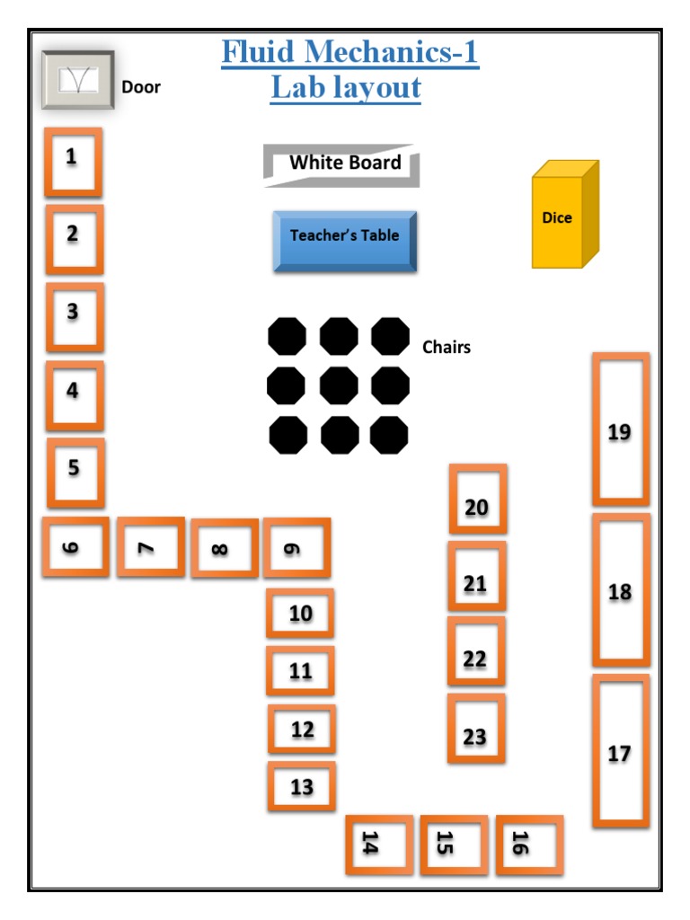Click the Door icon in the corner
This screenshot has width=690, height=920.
pyautogui.click(x=77, y=81)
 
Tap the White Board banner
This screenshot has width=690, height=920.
pyautogui.click(x=342, y=164)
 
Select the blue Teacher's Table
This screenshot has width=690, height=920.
pyautogui.click(x=345, y=240)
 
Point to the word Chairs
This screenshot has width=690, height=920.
pyautogui.click(x=447, y=347)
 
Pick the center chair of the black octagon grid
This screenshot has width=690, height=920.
pyautogui.click(x=339, y=385)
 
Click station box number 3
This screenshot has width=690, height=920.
pyautogui.click(x=75, y=316)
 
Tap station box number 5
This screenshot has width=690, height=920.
pyautogui.click(x=75, y=472)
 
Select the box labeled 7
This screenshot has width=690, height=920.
pyautogui.click(x=150, y=546)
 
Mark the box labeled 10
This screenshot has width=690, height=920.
pyautogui.click(x=300, y=613)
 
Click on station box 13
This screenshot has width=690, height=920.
pyautogui.click(x=302, y=786)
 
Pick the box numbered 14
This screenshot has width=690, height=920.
pyautogui.click(x=379, y=845)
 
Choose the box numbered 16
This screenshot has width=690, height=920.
pyautogui.click(x=529, y=845)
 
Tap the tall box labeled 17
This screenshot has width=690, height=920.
pyautogui.click(x=620, y=751)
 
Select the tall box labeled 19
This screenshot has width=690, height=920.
pyautogui.click(x=620, y=429)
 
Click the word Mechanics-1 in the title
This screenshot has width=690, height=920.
pyautogui.click(x=389, y=53)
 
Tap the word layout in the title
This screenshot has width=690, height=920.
pyautogui.click(x=377, y=88)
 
